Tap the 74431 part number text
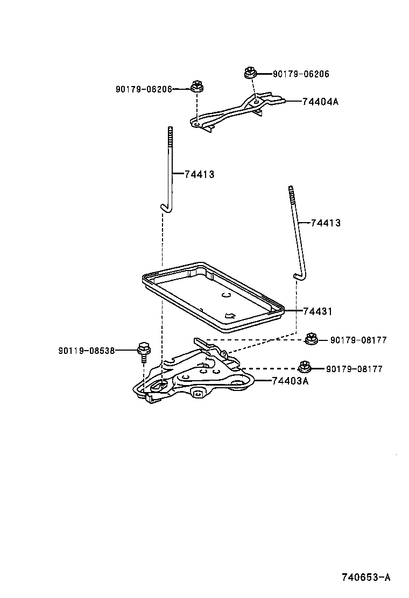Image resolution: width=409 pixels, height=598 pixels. [x=318, y=311]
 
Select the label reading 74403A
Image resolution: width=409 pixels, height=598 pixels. [x=290, y=381]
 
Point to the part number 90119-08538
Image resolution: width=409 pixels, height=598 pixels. [x=87, y=350]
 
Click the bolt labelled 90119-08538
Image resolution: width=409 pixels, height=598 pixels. [x=143, y=351]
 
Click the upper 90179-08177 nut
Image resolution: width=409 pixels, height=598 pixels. [x=310, y=339]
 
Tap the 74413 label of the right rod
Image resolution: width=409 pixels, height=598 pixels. [x=326, y=223]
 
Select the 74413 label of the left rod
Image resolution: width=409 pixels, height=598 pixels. [x=199, y=174]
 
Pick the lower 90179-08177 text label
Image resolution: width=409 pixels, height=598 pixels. [x=354, y=369]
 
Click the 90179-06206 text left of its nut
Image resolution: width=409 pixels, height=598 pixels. [x=143, y=89]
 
